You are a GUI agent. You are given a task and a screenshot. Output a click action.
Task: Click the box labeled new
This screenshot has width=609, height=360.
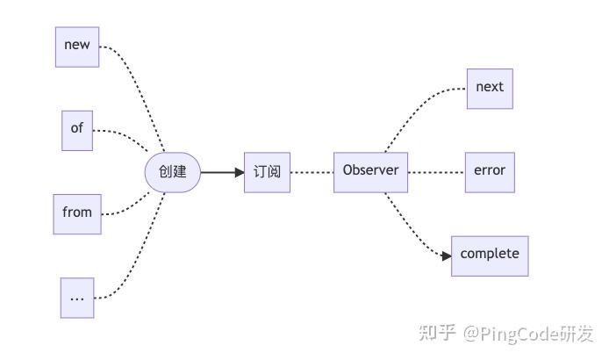click(77, 47)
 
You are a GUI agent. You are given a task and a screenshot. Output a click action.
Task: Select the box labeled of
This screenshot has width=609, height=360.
click(77, 129)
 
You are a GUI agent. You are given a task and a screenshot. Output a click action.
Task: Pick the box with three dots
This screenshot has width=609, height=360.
click(77, 298)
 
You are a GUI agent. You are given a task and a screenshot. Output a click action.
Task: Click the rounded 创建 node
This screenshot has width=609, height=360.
click(173, 172)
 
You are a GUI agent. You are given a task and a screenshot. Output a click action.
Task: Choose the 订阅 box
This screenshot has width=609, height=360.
click(267, 172)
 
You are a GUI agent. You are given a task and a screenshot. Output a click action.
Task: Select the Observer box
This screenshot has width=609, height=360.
click(370, 172)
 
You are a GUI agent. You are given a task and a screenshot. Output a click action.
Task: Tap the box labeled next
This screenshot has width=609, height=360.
click(490, 88)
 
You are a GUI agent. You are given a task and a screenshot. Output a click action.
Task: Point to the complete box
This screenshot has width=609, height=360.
click(490, 256)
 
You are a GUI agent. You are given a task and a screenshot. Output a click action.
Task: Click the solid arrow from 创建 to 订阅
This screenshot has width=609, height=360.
click(221, 172)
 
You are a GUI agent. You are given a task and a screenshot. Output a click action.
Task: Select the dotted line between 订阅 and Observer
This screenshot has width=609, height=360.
click(312, 172)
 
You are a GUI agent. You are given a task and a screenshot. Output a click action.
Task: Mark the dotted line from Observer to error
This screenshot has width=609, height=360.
click(436, 172)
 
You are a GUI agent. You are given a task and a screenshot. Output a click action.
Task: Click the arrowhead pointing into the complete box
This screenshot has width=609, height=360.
click(447, 256)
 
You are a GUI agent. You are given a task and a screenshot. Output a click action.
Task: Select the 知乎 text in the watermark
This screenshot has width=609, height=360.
click(436, 333)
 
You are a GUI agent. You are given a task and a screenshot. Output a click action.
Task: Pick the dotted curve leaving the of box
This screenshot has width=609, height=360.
click(123, 133)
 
